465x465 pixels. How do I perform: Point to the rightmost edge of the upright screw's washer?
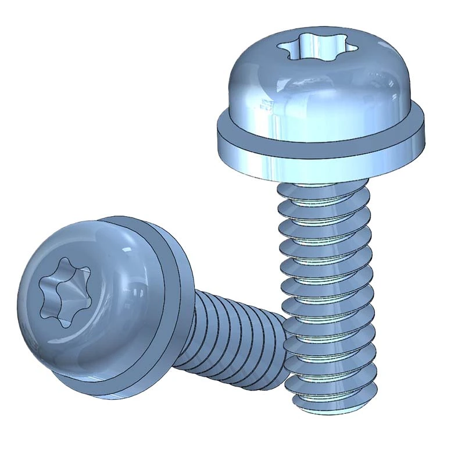(427, 135)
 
